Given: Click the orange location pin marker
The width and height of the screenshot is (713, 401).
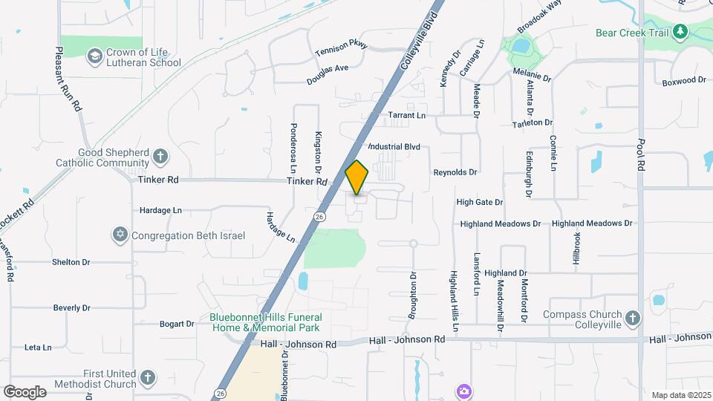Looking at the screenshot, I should pos(357,177).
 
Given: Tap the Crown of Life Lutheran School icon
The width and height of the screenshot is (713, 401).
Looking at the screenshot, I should pos(94,56).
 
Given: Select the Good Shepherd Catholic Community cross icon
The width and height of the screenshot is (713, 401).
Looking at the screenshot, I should pos(160,157).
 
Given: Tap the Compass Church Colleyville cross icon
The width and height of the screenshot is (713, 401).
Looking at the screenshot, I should pos(632,319).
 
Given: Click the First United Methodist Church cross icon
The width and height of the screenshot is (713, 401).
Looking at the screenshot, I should pos(147,379).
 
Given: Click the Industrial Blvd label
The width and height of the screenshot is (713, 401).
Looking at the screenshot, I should pos(394,147).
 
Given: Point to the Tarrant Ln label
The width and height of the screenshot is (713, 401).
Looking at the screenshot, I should pos(407,116).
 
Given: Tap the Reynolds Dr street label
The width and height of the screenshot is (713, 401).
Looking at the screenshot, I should pos(455,172).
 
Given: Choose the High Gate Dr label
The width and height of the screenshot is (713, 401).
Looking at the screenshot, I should pos(480,202).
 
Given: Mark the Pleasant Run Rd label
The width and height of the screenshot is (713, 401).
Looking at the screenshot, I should pos(68,79).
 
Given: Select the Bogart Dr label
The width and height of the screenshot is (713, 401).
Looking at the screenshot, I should pos(177,324).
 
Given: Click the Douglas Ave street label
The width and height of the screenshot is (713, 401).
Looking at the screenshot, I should pos(328,74).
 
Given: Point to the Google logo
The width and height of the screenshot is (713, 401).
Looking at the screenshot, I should pos(25,391).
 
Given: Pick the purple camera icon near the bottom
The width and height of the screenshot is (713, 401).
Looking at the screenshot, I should pos(464,391).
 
